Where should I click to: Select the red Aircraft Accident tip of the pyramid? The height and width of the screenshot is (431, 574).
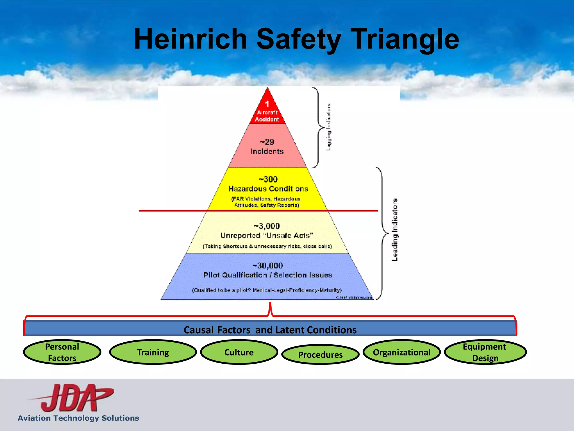(x=267, y=112)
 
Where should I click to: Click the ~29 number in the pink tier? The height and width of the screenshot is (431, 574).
(x=267, y=142)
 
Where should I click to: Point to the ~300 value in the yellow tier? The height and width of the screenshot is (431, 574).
(x=268, y=179)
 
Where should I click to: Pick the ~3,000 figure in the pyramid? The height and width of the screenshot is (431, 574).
(x=267, y=226)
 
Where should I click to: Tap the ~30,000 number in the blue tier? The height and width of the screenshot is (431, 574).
(x=268, y=265)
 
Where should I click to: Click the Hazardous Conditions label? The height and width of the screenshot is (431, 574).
(x=268, y=189)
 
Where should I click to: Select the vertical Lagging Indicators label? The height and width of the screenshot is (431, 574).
(x=328, y=127)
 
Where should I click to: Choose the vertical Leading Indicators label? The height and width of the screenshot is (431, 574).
(x=395, y=230)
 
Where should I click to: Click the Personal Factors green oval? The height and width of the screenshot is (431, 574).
(x=62, y=352)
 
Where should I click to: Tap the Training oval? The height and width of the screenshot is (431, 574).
(x=153, y=352)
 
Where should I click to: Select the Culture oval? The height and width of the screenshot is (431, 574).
(x=239, y=352)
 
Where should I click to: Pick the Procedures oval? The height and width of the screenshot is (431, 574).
(x=320, y=355)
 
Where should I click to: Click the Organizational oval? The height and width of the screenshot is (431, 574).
(x=402, y=352)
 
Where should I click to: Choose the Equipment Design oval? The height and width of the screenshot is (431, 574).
(x=485, y=352)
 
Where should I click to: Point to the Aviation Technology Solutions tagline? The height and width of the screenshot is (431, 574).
(x=78, y=418)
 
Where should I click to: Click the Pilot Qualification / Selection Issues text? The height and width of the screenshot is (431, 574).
(x=268, y=275)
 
